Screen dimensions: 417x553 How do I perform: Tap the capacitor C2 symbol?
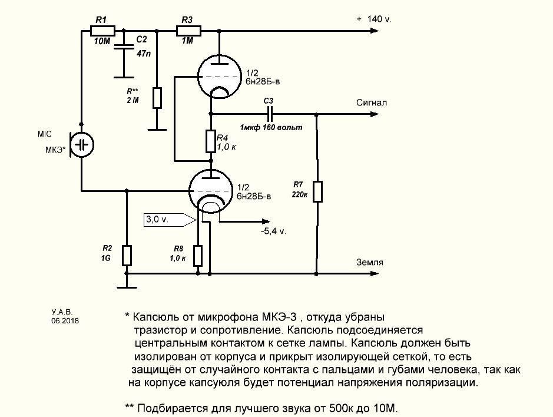[124, 47]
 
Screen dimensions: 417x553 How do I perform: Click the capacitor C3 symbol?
[270, 113]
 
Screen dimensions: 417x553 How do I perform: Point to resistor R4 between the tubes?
[211, 141]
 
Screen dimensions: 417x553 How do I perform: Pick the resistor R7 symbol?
[317, 191]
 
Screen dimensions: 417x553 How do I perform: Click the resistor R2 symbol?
[127, 255]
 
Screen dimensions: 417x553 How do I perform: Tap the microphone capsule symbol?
[82, 144]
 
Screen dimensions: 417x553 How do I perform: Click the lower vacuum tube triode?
[211, 190]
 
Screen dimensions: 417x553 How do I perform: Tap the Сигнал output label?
[371, 102]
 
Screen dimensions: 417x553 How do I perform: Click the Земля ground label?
[369, 262]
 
